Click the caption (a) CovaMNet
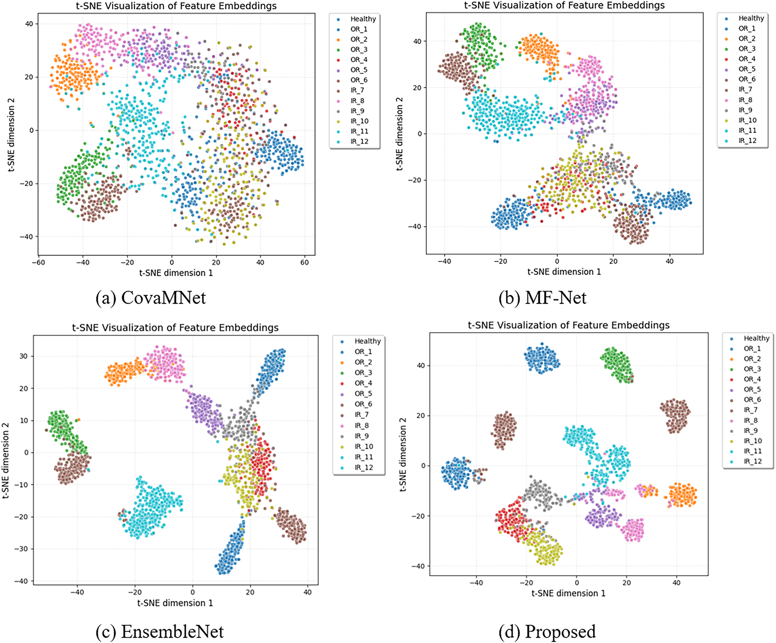pos(151,298)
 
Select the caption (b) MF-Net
pos(542,298)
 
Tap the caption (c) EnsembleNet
pos(160,632)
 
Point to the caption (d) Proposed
pos(547,632)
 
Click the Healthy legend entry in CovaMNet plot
pos(363,19)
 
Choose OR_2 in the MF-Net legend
pos(747,39)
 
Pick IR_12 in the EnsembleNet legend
pos(363,467)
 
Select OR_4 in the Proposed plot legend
pos(752,379)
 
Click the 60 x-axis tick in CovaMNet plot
pos(304,263)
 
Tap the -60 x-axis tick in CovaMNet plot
pos(38,263)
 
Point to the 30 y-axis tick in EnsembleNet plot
pos(24,356)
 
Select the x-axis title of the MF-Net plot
pos(564,272)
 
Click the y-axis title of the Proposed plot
pos(403,454)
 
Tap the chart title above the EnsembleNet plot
pos(175,328)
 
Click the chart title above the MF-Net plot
pos(564,5)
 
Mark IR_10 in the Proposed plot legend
pos(753,441)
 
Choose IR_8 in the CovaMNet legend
pos(357,101)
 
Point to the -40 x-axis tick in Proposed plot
pos(476,583)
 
